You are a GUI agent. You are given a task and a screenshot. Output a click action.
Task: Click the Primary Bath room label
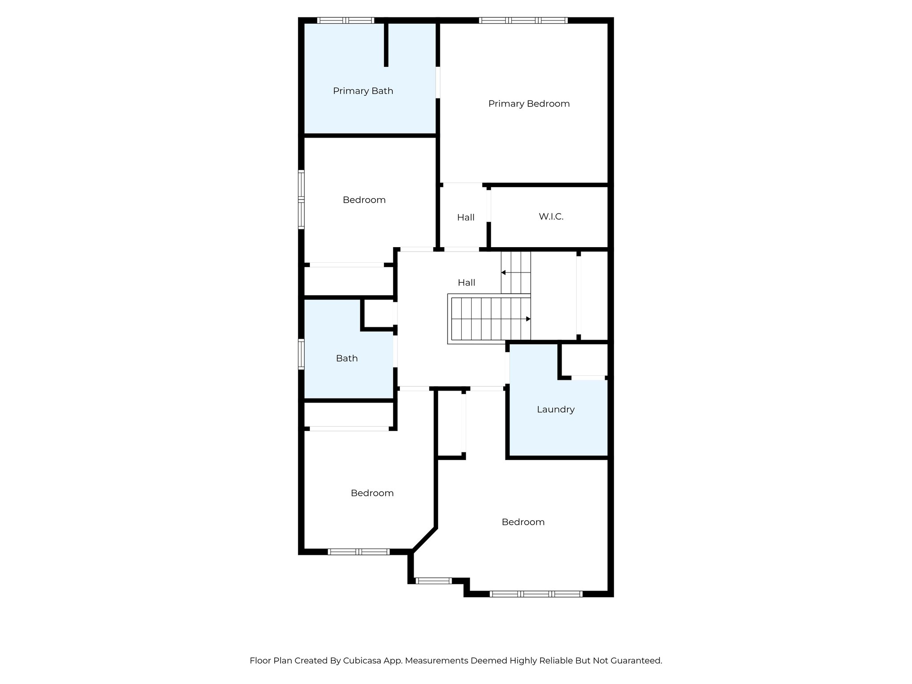(363, 91)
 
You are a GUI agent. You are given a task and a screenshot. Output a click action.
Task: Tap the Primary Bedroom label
(529, 104)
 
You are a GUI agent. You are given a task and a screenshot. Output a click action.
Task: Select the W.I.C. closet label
(551, 217)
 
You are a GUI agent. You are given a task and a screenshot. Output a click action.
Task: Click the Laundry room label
(555, 409)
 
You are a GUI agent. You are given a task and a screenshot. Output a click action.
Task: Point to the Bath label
(346, 358)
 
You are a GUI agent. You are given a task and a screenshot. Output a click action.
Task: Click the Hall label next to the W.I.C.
(466, 218)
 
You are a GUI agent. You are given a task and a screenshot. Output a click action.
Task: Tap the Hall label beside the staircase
(466, 283)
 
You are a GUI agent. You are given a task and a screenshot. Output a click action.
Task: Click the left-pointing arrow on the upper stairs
(504, 273)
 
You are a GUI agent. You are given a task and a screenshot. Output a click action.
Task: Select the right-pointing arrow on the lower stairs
(528, 319)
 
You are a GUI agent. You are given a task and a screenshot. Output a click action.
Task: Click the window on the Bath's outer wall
(301, 354)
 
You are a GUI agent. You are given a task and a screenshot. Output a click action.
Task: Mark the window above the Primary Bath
(346, 20)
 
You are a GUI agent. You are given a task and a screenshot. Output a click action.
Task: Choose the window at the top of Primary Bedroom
(523, 20)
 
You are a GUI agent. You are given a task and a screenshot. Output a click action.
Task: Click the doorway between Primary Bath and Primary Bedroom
(438, 82)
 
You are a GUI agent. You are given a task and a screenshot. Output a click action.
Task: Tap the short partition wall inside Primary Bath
(386, 45)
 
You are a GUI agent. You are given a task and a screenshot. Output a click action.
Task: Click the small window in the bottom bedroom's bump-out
(433, 581)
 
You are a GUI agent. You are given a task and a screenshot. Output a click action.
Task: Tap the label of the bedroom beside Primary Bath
(364, 200)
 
